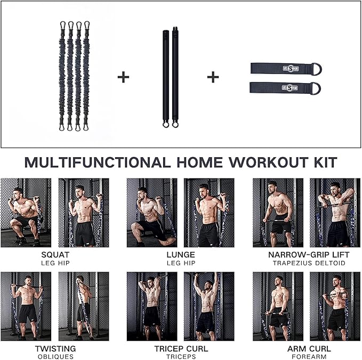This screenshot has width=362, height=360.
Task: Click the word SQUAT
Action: pyautogui.click(x=55, y=255)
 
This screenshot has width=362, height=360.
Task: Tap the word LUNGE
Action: pyautogui.click(x=181, y=255)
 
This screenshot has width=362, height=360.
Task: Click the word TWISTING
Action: pyautogui.click(x=55, y=349)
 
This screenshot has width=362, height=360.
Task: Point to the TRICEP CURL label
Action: pyautogui.click(x=181, y=349)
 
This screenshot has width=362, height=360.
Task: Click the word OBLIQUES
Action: pyautogui.click(x=55, y=357)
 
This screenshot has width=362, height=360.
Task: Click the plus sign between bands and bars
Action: pyautogui.click(x=123, y=77)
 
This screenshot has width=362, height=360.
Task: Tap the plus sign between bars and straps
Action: pyautogui.click(x=213, y=77)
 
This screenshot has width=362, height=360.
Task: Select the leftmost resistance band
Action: pyautogui.click(x=62, y=75)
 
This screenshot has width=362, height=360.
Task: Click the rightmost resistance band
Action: pyautogui.click(x=86, y=75)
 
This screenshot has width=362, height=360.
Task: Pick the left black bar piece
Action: pyautogui.click(x=165, y=77)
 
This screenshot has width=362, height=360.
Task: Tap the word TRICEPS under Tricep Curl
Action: pyautogui.click(x=181, y=357)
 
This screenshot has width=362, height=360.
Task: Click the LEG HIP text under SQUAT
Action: pyautogui.click(x=55, y=263)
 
